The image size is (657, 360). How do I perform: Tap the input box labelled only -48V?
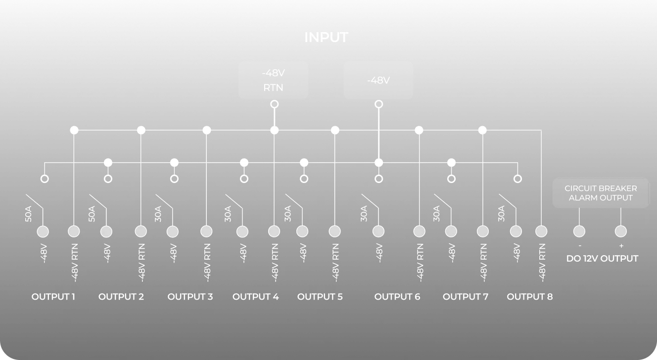(x=378, y=80)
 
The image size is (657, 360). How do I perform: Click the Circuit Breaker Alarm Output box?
(x=601, y=193)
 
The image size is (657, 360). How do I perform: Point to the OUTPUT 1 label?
(x=53, y=297)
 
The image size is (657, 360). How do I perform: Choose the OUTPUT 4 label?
(x=255, y=297)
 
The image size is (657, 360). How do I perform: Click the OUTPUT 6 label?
(x=397, y=297)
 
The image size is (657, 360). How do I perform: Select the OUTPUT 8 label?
(x=530, y=297)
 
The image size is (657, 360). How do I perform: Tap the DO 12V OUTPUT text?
(x=602, y=259)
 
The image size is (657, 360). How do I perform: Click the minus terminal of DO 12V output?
(x=579, y=231)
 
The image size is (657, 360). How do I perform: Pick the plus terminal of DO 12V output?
(x=621, y=231)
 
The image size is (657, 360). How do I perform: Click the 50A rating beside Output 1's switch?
(x=28, y=214)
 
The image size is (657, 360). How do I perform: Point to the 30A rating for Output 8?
(x=501, y=214)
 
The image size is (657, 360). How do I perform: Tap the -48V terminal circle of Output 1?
(x=43, y=231)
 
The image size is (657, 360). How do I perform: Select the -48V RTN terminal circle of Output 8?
(x=541, y=231)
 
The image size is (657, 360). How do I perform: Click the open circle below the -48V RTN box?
(x=274, y=104)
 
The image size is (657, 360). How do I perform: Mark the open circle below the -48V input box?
(x=378, y=104)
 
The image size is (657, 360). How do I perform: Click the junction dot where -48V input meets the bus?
(x=378, y=162)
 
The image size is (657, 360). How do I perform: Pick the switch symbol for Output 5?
(x=295, y=208)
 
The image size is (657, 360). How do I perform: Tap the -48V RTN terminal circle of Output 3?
(x=206, y=231)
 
